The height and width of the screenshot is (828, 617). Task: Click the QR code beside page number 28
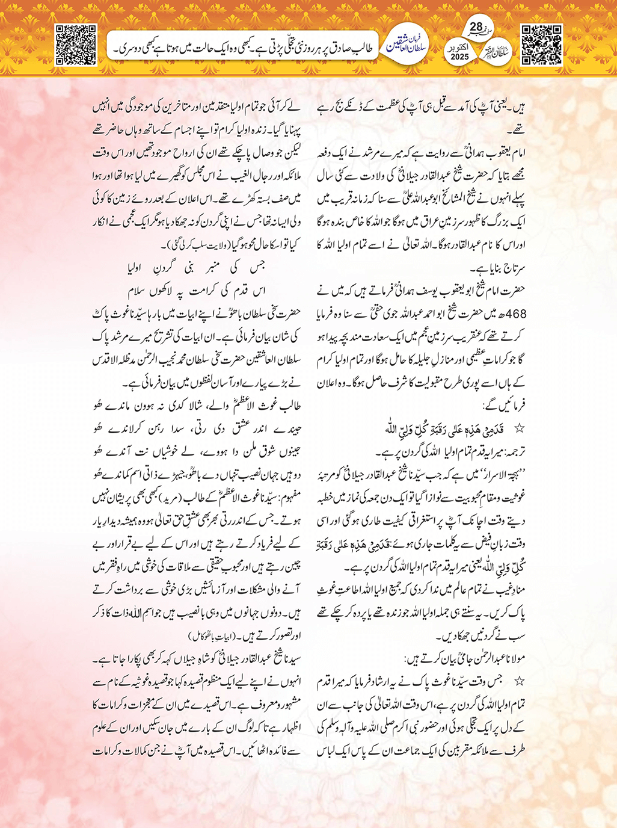541,45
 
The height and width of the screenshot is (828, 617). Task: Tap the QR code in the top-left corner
76,45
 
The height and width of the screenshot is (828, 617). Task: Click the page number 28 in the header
476,28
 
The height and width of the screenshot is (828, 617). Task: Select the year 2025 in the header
459,57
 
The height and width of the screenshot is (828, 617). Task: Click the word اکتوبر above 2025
459,46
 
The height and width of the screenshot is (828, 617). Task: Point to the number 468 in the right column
517,314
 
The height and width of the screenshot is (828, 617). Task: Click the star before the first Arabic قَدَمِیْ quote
519,428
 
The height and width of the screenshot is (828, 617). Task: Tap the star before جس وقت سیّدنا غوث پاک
519,681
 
